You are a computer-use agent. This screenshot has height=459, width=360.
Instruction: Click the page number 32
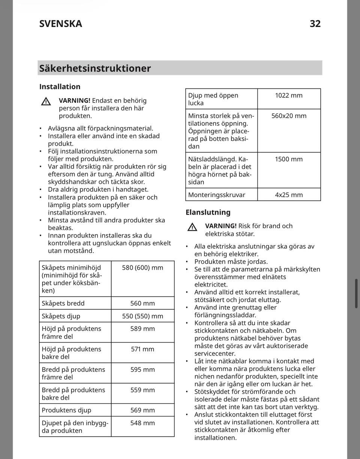(315, 24)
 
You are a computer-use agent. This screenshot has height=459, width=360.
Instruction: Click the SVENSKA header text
(61, 24)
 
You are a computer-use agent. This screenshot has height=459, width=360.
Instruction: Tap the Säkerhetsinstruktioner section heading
(95, 68)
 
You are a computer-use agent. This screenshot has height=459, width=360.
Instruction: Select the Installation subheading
(60, 87)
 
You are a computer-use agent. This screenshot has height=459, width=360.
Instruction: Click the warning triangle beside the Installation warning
(46, 101)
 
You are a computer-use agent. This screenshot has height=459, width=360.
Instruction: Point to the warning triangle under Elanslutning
(192, 227)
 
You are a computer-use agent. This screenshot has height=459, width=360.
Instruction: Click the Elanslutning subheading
(208, 212)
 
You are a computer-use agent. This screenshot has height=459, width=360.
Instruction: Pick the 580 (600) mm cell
(142, 268)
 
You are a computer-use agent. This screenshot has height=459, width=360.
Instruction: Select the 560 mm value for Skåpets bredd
(142, 303)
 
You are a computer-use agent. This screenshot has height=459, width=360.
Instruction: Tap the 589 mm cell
(142, 329)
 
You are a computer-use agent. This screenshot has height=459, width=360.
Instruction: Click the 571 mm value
(142, 349)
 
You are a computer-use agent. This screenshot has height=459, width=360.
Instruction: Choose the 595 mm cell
(142, 369)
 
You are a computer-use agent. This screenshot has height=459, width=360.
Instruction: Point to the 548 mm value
(142, 423)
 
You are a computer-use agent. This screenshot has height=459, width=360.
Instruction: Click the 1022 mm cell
(289, 96)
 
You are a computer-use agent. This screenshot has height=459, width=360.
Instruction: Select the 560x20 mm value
(289, 116)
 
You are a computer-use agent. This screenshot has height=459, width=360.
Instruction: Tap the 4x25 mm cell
(289, 195)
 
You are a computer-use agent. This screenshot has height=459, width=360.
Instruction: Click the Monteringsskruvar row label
(217, 195)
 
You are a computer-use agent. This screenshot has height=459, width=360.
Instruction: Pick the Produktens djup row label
(66, 410)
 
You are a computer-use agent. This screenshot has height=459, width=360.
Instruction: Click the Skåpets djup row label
(61, 316)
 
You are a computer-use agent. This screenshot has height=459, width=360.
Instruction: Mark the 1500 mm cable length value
(289, 159)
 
